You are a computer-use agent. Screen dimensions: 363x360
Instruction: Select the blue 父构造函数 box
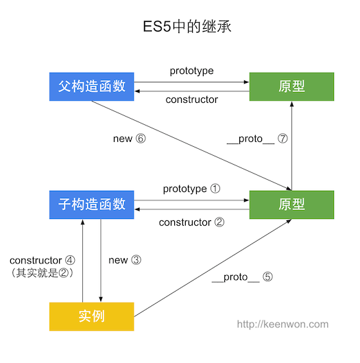[91, 86]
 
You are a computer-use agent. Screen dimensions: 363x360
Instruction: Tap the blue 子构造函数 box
[91, 204]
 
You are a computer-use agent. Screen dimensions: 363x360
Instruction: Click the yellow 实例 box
[91, 316]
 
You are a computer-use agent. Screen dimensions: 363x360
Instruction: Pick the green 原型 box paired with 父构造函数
[292, 86]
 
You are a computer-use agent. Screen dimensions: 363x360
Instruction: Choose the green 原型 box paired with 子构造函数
[292, 204]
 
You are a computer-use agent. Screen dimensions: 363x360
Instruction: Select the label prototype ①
[191, 188]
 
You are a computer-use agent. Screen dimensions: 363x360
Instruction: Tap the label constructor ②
[191, 222]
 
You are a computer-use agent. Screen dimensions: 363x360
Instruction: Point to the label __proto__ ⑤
[242, 277]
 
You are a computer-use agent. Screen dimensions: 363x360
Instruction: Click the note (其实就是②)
[43, 273]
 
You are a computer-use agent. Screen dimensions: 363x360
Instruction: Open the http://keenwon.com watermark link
[283, 325]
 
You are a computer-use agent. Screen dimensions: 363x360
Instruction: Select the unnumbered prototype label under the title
[191, 71]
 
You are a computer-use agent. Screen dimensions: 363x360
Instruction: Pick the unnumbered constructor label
[191, 100]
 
